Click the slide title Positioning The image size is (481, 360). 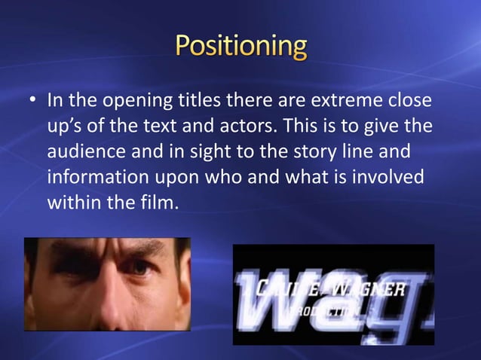click(x=241, y=47)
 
